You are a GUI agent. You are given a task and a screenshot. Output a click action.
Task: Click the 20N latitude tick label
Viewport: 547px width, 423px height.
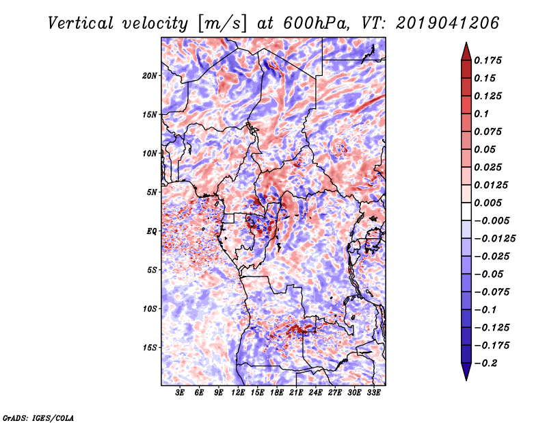click(x=150, y=76)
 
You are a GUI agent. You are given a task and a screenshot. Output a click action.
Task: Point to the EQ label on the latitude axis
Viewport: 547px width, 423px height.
click(x=151, y=231)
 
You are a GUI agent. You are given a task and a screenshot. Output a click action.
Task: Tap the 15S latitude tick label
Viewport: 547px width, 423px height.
click(x=150, y=348)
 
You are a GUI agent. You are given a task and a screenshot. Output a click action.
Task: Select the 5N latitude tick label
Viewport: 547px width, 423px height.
click(x=152, y=192)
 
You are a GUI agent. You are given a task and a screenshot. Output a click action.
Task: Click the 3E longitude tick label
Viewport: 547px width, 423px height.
click(x=180, y=393)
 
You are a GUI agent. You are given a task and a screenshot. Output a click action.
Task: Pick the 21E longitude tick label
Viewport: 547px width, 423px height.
click(x=296, y=393)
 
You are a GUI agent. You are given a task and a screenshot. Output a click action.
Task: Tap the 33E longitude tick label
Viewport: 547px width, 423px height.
click(x=373, y=393)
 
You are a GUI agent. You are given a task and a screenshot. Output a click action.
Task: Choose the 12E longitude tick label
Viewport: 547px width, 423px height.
click(x=237, y=393)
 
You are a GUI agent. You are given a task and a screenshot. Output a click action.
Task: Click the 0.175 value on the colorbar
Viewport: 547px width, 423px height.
click(x=488, y=60)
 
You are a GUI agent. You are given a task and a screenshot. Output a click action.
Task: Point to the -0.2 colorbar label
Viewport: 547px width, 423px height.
click(x=485, y=363)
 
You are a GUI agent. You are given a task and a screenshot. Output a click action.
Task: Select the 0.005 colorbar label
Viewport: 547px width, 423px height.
click(x=488, y=203)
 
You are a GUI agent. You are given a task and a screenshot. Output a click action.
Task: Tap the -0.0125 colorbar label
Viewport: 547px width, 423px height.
click(x=494, y=239)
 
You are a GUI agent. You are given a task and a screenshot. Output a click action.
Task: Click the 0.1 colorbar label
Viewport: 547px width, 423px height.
click(x=481, y=114)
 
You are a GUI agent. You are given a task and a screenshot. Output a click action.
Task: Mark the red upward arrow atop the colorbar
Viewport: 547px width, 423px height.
click(x=466, y=51)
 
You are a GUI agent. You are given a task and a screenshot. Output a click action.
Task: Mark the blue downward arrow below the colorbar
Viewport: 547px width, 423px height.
click(x=466, y=372)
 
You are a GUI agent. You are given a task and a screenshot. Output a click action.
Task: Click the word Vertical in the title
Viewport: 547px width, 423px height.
click(x=80, y=23)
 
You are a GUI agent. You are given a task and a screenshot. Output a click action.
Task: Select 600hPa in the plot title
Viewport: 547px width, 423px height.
click(x=316, y=23)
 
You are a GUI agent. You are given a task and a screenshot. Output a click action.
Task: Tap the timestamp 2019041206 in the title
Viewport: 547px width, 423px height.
click(x=447, y=23)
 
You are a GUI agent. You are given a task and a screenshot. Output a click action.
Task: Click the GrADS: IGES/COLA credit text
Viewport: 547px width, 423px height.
click(x=38, y=418)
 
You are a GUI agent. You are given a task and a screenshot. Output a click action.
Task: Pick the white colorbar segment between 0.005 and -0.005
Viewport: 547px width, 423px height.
click(x=466, y=211)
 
